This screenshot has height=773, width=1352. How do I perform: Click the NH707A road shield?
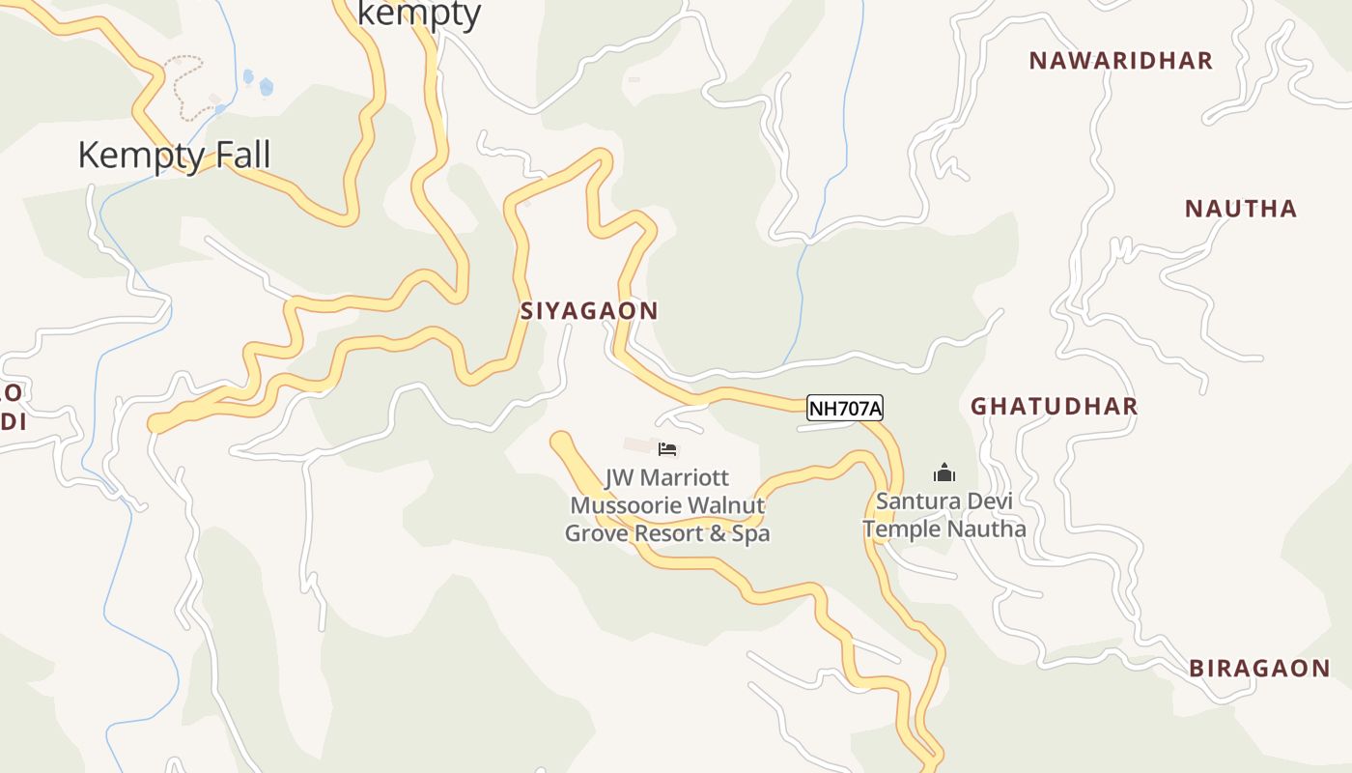(x=845, y=409)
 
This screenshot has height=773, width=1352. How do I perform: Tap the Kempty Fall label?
(x=174, y=155)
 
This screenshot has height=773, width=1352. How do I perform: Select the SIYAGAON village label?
(x=589, y=311)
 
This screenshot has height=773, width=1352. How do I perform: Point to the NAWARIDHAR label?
(x=1120, y=61)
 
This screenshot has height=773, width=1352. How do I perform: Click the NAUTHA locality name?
(x=1241, y=209)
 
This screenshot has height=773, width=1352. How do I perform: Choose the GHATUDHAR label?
(x=1054, y=406)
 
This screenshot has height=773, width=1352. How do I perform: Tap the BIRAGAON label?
(x=1259, y=669)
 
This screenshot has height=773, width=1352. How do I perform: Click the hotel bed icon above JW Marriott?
(x=667, y=449)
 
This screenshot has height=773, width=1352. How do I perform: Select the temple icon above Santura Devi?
(x=944, y=472)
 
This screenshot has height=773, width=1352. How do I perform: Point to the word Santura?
(x=918, y=501)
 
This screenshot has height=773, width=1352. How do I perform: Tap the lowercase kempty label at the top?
(x=419, y=14)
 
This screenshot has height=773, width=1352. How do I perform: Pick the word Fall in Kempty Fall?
(x=241, y=155)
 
